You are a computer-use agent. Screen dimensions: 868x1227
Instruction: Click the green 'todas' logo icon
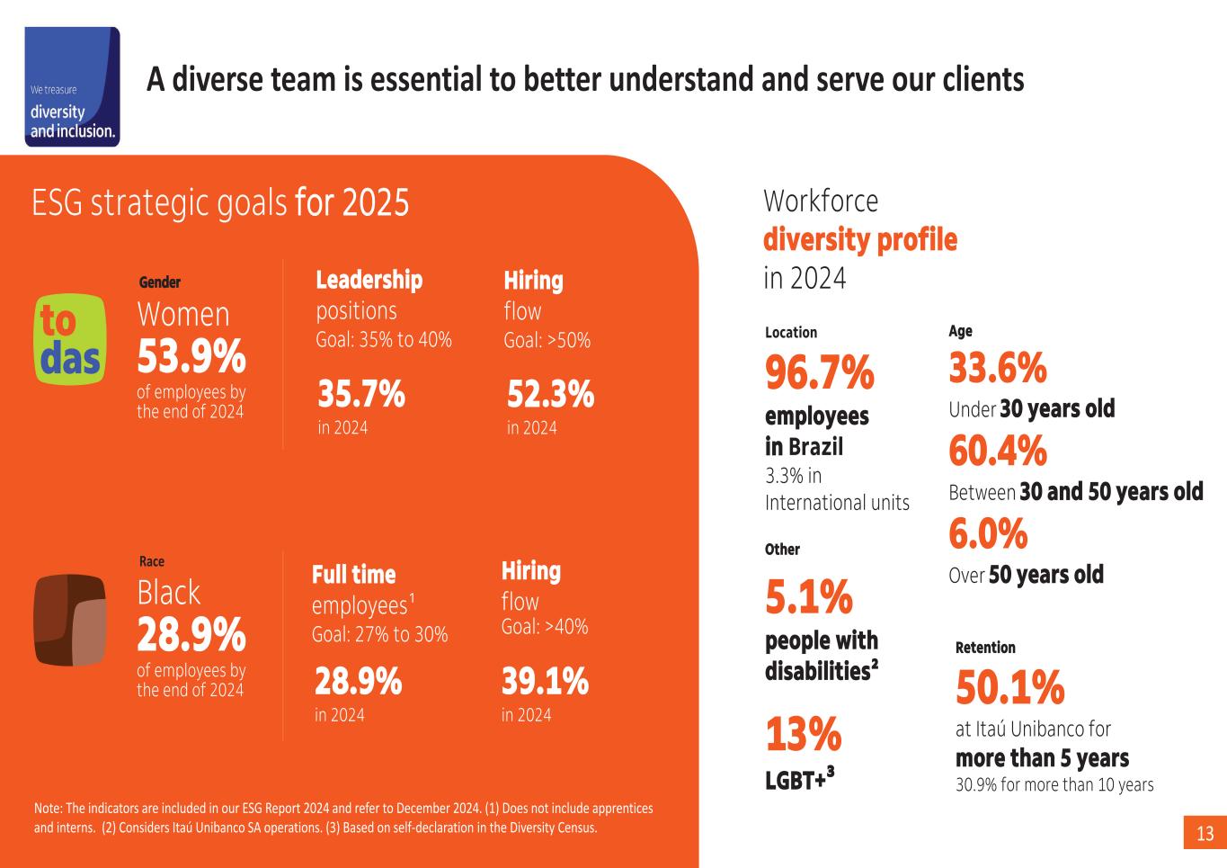pyautogui.click(x=68, y=339)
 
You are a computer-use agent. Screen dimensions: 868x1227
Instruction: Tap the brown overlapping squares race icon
pyautogui.click(x=70, y=619)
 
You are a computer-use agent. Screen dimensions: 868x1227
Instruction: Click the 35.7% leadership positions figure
pyautogui.click(x=361, y=395)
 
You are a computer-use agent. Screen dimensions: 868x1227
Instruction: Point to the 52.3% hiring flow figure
pyautogui.click(x=550, y=395)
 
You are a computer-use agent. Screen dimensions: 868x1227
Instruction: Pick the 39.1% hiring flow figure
pyautogui.click(x=545, y=682)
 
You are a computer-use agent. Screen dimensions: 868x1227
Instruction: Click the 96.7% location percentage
pyautogui.click(x=819, y=372)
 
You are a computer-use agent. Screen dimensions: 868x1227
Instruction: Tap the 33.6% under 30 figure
pyautogui.click(x=998, y=368)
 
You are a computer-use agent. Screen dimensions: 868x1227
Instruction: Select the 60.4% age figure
pyautogui.click(x=998, y=451)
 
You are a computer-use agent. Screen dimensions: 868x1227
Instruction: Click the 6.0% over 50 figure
pyautogui.click(x=988, y=534)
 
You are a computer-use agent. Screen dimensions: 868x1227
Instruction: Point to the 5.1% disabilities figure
pyautogui.click(x=809, y=596)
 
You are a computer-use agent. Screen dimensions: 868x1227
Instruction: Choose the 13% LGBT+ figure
pyautogui.click(x=803, y=734)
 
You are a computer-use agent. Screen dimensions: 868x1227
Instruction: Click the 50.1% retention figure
pyautogui.click(x=1009, y=688)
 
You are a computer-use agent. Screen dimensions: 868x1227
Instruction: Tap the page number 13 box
pyautogui.click(x=1205, y=834)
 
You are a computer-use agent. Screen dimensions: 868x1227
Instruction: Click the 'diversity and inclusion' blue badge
pyautogui.click(x=72, y=86)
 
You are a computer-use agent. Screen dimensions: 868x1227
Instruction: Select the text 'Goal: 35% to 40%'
pyautogui.click(x=384, y=340)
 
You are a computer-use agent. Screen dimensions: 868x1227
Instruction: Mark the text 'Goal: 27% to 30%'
pyautogui.click(x=379, y=634)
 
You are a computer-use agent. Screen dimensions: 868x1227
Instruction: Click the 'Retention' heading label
pyautogui.click(x=985, y=648)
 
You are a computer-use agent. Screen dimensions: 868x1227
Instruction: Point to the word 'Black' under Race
pyautogui.click(x=169, y=593)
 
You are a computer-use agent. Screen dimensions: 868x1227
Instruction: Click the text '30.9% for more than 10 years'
pyautogui.click(x=1054, y=784)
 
